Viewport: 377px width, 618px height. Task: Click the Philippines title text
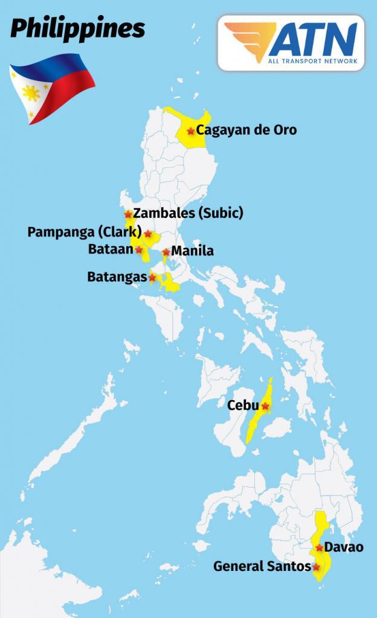pyautogui.click(x=77, y=28)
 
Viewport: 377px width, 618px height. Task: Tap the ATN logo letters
pyautogui.click(x=312, y=39)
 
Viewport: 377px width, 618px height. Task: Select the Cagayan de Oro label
pyautogui.click(x=246, y=130)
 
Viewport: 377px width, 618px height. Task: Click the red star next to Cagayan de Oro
pyautogui.click(x=191, y=130)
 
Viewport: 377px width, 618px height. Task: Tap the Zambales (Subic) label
pyautogui.click(x=188, y=213)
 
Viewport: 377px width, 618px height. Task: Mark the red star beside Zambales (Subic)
pyautogui.click(x=128, y=214)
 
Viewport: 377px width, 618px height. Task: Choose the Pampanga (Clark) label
pyautogui.click(x=85, y=232)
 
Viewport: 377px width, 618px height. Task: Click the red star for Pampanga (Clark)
pyautogui.click(x=148, y=234)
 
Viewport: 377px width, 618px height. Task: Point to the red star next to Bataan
pyautogui.click(x=139, y=249)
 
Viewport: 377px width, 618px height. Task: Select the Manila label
pyautogui.click(x=193, y=251)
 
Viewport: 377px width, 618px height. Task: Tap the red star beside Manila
pyautogui.click(x=166, y=252)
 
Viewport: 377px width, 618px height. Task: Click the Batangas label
pyautogui.click(x=117, y=277)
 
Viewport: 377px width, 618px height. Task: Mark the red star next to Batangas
pyautogui.click(x=152, y=278)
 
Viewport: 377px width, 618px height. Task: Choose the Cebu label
pyautogui.click(x=243, y=405)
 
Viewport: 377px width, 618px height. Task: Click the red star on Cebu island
pyautogui.click(x=265, y=406)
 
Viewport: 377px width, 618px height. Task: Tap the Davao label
pyautogui.click(x=344, y=547)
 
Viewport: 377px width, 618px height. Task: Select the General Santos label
pyautogui.click(x=262, y=567)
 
